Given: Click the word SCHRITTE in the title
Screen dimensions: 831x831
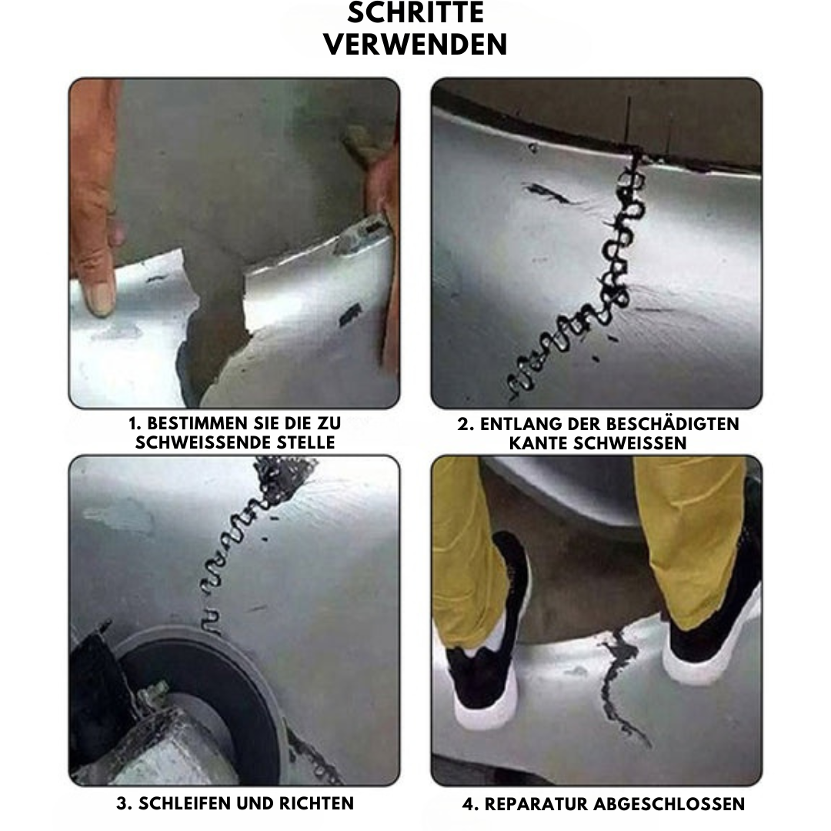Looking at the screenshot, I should point(415,13).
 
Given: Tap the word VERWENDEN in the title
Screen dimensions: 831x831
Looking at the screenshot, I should point(415,44).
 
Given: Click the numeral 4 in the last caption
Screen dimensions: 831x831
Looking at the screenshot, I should point(467,804).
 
